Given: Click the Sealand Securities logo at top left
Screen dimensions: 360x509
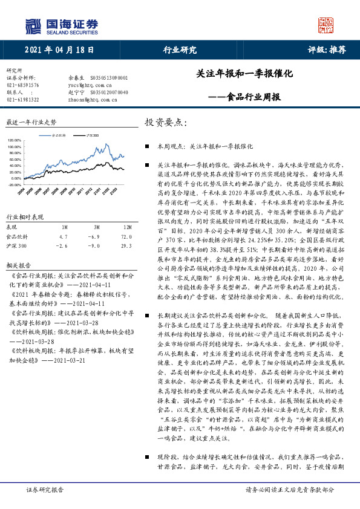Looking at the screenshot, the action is pos(61,27).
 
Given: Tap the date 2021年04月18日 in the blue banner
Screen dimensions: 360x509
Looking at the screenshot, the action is pos(60,50).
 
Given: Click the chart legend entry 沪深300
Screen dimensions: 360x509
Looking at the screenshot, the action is pos(92,135).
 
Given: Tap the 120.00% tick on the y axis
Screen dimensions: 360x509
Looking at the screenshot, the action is pos(14,140).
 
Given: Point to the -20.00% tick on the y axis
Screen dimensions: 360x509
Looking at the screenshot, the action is pos(14,185).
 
